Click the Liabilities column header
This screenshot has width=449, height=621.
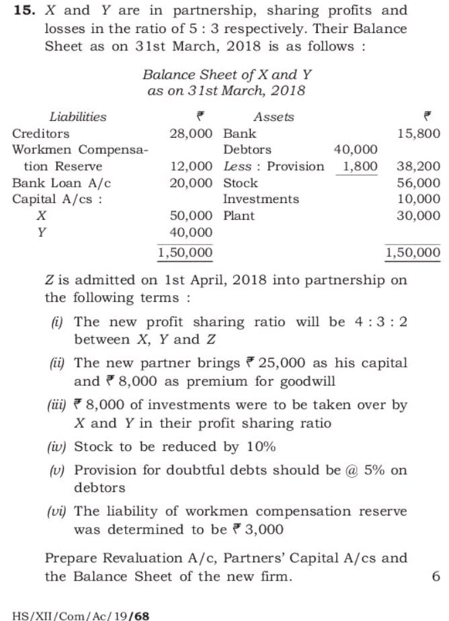click(x=78, y=117)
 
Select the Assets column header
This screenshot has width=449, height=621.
click(x=274, y=117)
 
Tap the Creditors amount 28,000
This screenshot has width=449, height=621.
click(x=192, y=134)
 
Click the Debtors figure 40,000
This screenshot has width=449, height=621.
click(x=356, y=150)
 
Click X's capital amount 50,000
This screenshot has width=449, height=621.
click(x=192, y=216)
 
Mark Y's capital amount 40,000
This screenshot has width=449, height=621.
click(x=192, y=233)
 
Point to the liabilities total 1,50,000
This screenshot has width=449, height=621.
click(x=186, y=253)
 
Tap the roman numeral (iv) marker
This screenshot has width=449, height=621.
click(x=57, y=447)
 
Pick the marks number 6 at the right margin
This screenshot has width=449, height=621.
click(x=436, y=577)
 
